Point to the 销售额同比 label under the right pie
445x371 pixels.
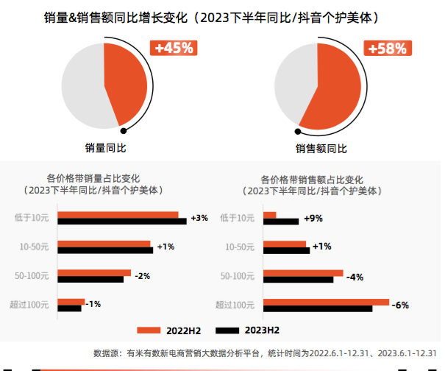click(x=321, y=148)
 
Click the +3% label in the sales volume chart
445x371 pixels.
click(x=199, y=218)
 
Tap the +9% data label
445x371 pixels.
click(x=313, y=218)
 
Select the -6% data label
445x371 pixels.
click(x=400, y=305)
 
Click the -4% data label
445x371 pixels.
click(x=355, y=277)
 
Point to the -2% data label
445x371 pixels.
click(x=142, y=276)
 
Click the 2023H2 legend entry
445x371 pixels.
click(x=247, y=331)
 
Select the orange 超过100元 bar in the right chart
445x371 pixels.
click(x=326, y=301)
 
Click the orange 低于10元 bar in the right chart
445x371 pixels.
click(x=270, y=215)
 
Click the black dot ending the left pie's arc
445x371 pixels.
click(x=123, y=131)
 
